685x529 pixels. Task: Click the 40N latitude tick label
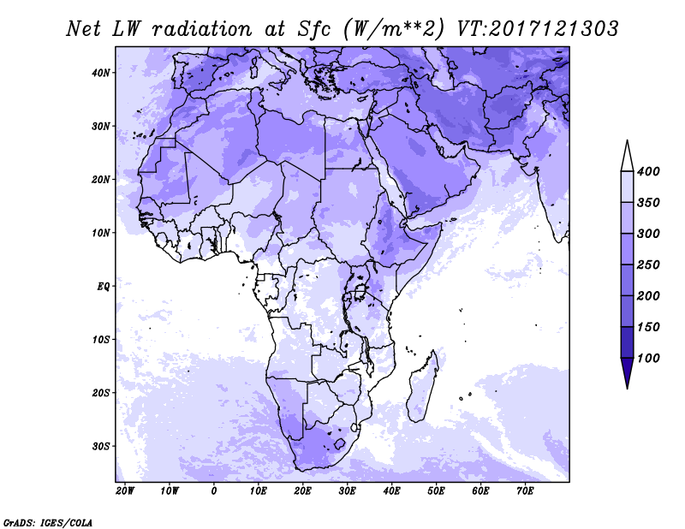tap(101, 73)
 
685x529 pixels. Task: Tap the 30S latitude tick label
tap(101, 447)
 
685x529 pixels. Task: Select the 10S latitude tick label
tap(101, 340)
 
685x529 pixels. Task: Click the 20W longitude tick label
tap(125, 491)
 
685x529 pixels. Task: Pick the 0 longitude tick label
tap(213, 491)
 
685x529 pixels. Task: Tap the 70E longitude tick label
tap(525, 491)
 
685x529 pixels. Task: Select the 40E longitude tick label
tap(391, 491)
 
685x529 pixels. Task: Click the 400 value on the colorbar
tap(648, 171)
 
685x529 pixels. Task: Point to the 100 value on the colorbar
tap(648, 358)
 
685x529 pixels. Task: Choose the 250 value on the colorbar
tap(648, 264)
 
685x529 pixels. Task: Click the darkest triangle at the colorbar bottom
tap(627, 372)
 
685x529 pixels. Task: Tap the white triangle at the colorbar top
tap(627, 156)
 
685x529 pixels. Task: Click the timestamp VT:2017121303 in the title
tap(538, 29)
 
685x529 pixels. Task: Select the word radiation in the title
tap(202, 29)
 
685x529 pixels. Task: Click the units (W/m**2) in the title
tap(394, 30)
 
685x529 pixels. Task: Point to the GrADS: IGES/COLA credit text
tap(48, 523)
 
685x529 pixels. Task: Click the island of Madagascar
tap(422, 387)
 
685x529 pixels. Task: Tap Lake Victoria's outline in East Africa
tap(360, 289)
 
